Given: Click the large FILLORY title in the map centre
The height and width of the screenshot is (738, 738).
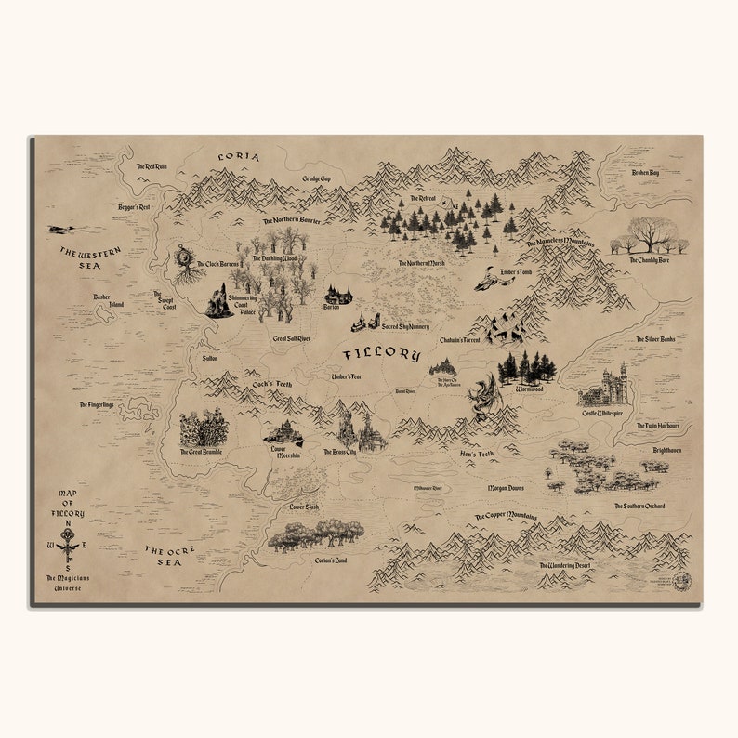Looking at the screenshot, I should pos(382,354).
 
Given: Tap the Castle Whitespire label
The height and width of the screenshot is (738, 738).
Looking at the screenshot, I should pos(602,413).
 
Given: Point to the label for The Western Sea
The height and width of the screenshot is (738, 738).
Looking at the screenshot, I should pos(91,257).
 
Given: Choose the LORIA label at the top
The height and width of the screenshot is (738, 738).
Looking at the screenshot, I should pos(238,157).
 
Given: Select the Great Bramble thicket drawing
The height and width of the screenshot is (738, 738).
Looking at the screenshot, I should pos(204,428).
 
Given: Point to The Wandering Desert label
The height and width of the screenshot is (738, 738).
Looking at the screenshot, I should pos(570,564).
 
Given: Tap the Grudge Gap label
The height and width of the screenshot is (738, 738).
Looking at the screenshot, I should pos(316,178).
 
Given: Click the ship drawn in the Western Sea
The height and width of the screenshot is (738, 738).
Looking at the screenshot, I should pos(61,229).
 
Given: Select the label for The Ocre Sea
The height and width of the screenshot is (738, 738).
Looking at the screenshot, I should pos(170,555).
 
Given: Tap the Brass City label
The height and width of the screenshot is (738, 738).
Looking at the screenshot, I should pos(339,453).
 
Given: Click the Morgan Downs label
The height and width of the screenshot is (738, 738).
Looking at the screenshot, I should pos(506,487).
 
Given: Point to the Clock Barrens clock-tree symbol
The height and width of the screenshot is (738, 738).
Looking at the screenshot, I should pos(184,257).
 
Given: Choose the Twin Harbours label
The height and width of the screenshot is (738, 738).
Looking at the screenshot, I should pos(658,426).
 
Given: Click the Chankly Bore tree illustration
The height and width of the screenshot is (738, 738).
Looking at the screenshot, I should pos(650,235).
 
